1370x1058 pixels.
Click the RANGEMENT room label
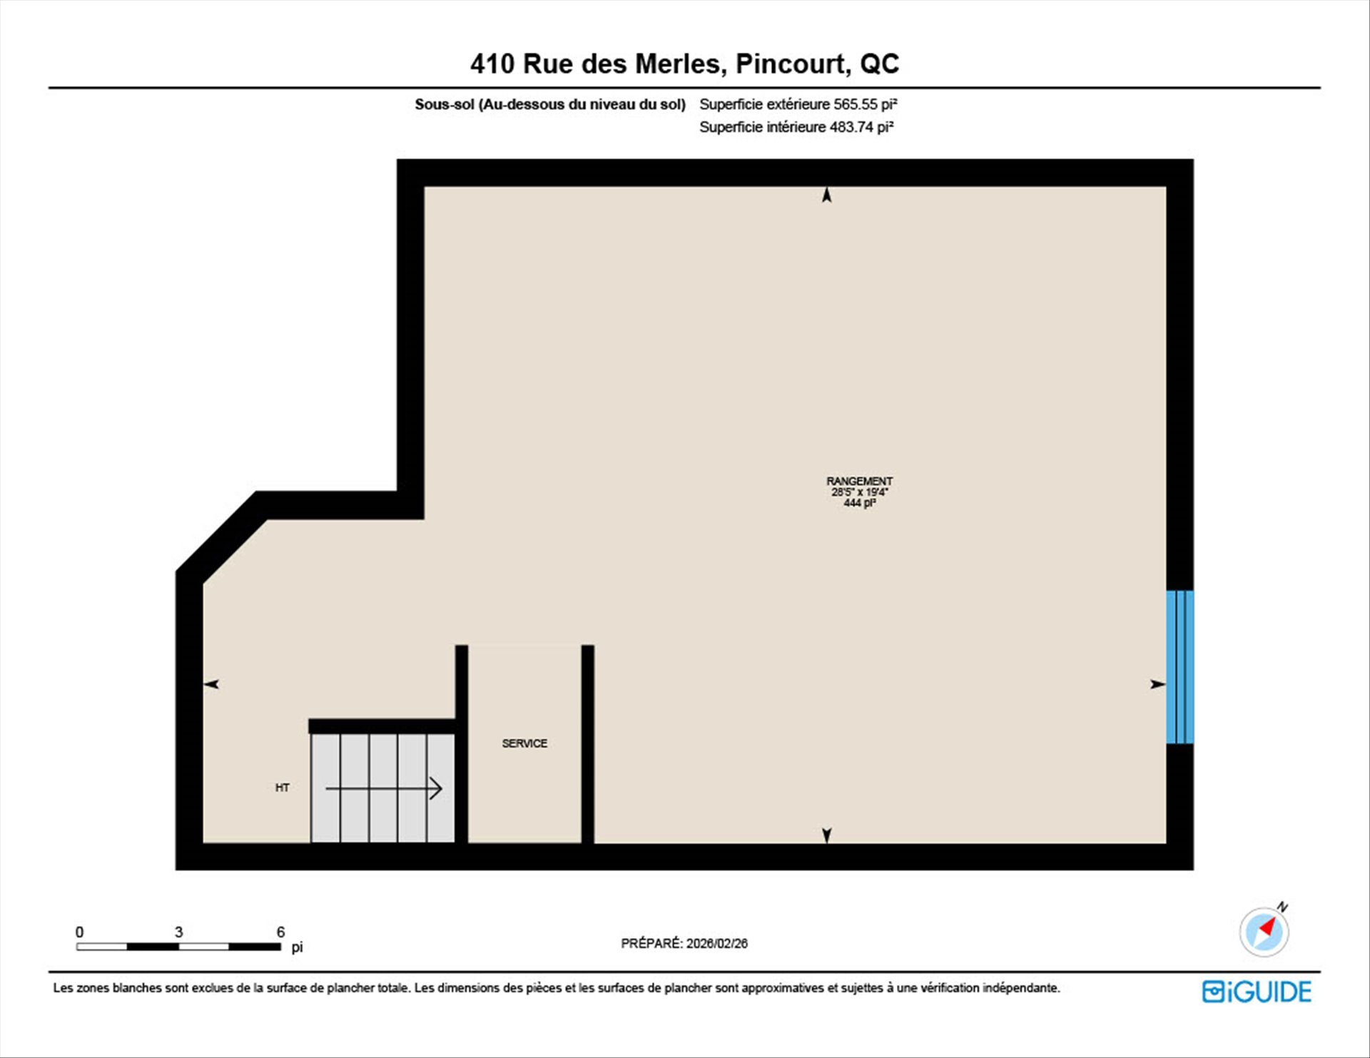pos(859,481)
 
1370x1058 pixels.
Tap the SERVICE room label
pos(524,743)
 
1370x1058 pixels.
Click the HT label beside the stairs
pos(283,788)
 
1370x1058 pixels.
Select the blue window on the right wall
pos(1179,667)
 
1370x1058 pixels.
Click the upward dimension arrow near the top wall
pos(826,195)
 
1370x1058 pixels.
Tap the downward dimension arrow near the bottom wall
pos(826,835)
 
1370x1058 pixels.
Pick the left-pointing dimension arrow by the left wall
pos(211,684)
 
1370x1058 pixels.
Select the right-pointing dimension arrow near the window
pos(1157,684)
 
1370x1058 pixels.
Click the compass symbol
pos(1264,930)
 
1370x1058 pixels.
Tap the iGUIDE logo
pos(1257,992)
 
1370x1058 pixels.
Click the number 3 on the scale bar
pos(178,932)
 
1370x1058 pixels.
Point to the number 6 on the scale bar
pos(280,932)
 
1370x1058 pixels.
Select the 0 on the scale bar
pos(79,932)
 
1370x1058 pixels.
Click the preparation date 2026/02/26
pos(717,943)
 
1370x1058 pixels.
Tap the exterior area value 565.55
pos(856,104)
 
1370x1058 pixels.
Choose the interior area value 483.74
pos(851,127)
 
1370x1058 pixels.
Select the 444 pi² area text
pos(859,503)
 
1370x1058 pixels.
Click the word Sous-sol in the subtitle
pos(445,104)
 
